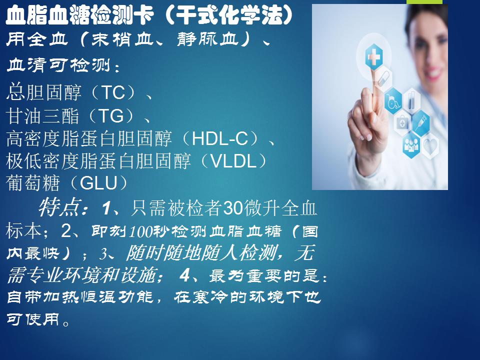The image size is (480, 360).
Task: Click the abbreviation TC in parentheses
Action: point(113,93)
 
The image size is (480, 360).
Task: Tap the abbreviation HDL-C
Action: point(220,138)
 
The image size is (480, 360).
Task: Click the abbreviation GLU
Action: point(98,183)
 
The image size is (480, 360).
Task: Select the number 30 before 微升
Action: point(233,208)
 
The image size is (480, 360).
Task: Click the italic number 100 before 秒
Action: point(140,231)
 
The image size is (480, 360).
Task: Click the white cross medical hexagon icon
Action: point(374,57)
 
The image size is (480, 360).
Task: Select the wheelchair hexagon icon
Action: point(393,101)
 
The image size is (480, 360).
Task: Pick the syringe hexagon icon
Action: point(421,123)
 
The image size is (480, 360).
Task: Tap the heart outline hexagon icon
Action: point(430,145)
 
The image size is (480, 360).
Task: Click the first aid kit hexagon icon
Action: point(402,123)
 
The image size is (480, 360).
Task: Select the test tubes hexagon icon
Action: point(411,100)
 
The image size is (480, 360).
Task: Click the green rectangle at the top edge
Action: point(424,2)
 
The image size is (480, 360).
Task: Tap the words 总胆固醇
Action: point(44,93)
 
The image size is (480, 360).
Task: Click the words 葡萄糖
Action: point(32,183)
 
